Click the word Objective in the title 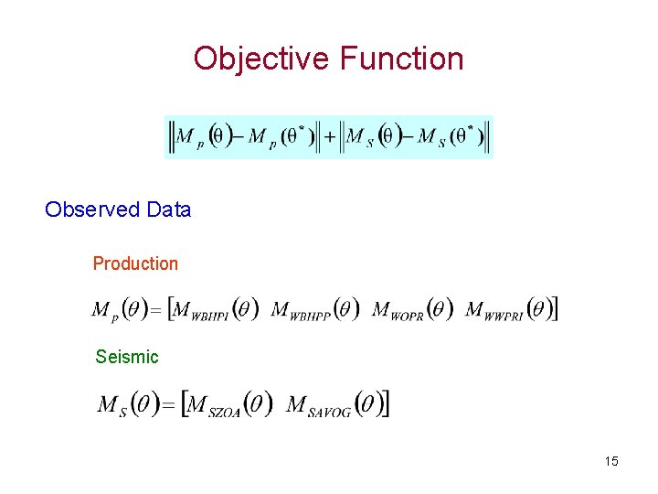(262, 59)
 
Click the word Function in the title (401, 59)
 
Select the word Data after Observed (169, 209)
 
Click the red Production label (135, 263)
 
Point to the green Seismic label (127, 357)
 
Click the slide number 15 (611, 461)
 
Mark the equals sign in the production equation (155, 310)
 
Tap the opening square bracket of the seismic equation (186, 403)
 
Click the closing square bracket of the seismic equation (387, 403)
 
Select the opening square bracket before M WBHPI (172, 309)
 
